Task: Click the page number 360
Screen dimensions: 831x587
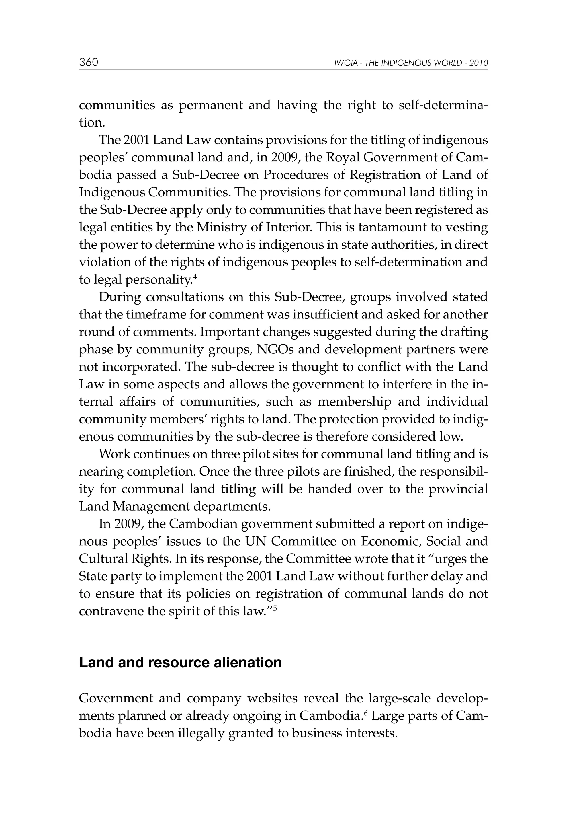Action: point(89,62)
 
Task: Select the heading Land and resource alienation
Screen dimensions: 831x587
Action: point(180,663)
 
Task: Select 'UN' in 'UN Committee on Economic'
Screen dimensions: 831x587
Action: point(256,541)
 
